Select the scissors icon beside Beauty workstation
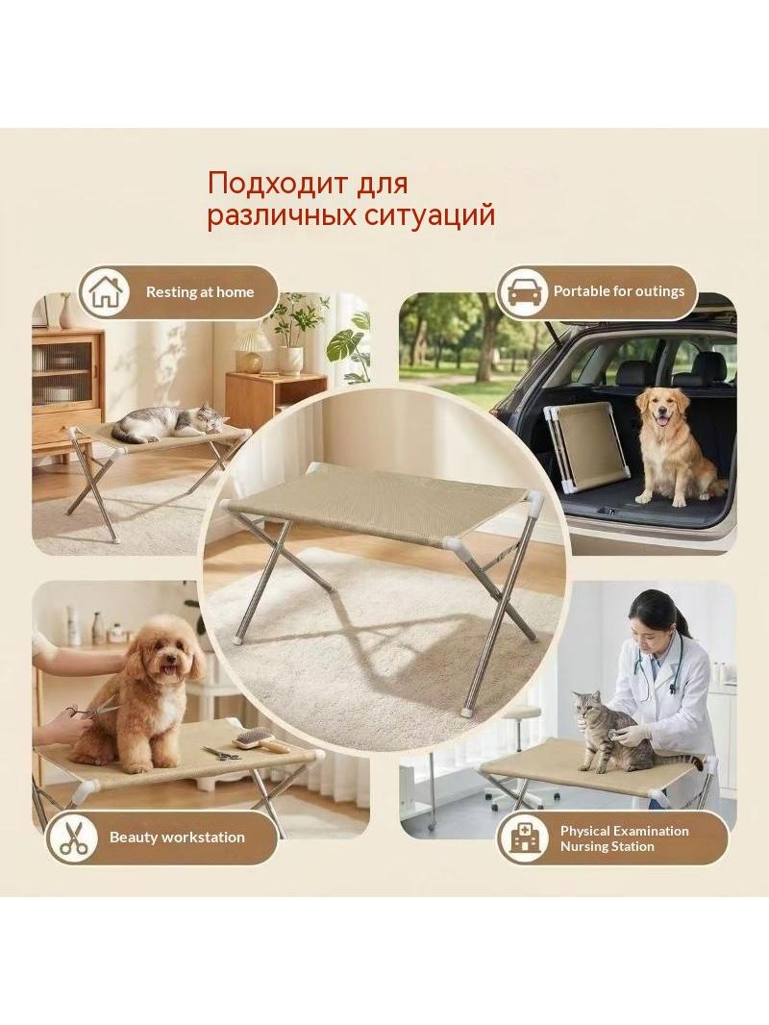click(74, 837)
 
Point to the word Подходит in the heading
click(277, 183)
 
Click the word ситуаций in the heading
click(429, 215)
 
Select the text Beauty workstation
click(177, 837)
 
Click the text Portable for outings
click(619, 291)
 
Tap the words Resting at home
click(200, 292)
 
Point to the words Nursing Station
click(607, 846)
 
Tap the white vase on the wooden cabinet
click(66, 312)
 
